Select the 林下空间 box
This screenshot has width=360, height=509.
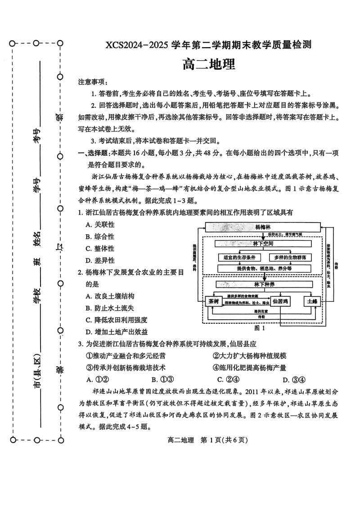pos(263,243)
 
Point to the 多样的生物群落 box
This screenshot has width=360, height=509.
pos(290,258)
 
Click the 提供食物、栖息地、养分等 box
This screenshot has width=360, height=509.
pos(264,268)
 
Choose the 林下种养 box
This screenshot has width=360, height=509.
pos(263,284)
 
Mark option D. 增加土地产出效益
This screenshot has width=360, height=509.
pos(116,332)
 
